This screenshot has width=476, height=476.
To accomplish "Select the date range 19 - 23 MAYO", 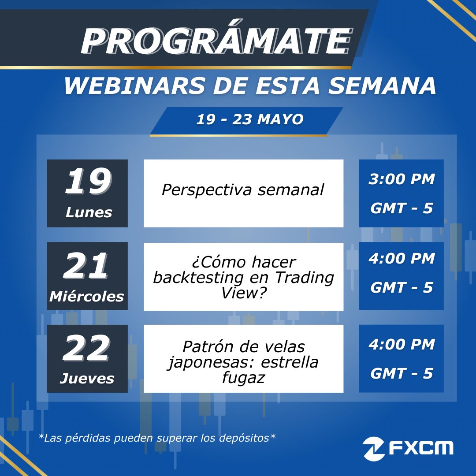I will (x=250, y=119).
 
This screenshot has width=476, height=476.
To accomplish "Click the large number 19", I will (x=88, y=182).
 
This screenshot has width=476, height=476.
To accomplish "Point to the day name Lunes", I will (x=89, y=212).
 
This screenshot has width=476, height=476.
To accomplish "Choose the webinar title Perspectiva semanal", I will (x=243, y=190).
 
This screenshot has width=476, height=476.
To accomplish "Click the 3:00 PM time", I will (x=402, y=179).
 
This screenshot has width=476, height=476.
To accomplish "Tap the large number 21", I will (x=87, y=266).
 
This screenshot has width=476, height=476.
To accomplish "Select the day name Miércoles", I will (x=87, y=296).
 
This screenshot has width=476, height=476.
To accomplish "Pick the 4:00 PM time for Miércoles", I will (x=402, y=258).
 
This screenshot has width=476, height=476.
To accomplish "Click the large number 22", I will (x=86, y=349).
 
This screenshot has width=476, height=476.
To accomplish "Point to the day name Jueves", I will (x=87, y=378).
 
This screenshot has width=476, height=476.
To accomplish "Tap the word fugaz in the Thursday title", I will (x=243, y=377).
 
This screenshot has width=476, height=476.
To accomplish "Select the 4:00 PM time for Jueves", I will (x=402, y=344).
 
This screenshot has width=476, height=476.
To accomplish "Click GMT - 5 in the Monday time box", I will (x=402, y=208).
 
